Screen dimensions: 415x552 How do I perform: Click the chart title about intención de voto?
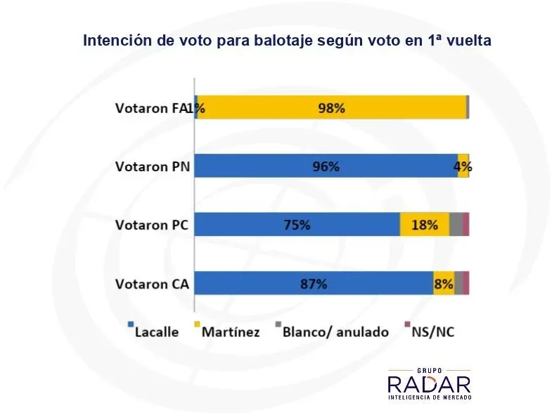pyautogui.click(x=287, y=41)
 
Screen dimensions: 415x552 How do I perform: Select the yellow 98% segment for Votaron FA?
pyautogui.click(x=331, y=108)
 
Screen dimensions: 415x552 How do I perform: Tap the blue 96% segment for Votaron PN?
pyautogui.click(x=326, y=166)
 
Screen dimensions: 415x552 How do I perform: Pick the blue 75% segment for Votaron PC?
pyautogui.click(x=297, y=225)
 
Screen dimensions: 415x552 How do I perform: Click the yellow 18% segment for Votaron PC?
pyautogui.click(x=424, y=225)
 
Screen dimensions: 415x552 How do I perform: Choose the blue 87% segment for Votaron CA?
pyautogui.click(x=313, y=283)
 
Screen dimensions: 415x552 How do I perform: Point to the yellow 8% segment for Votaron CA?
pyautogui.click(x=443, y=283)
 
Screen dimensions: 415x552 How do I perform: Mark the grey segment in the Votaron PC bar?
pyautogui.click(x=455, y=225)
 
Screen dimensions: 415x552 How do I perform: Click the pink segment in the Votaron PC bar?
pyautogui.click(x=466, y=225)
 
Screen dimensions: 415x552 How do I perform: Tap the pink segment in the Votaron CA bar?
pyautogui.click(x=466, y=283)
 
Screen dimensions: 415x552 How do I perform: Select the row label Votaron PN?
pyautogui.click(x=152, y=166)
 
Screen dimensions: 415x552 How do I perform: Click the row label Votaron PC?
pyautogui.click(x=152, y=225)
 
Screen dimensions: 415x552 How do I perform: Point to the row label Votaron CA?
pyautogui.click(x=152, y=284)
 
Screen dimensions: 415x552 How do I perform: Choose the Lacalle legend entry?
pyautogui.click(x=153, y=331)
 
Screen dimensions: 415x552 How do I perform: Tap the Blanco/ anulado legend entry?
pyautogui.click(x=330, y=331)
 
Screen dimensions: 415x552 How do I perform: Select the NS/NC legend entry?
pyautogui.click(x=431, y=331)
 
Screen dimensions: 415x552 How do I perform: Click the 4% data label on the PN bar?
pyautogui.click(x=463, y=167)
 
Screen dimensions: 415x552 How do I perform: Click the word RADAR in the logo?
pyautogui.click(x=429, y=384)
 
